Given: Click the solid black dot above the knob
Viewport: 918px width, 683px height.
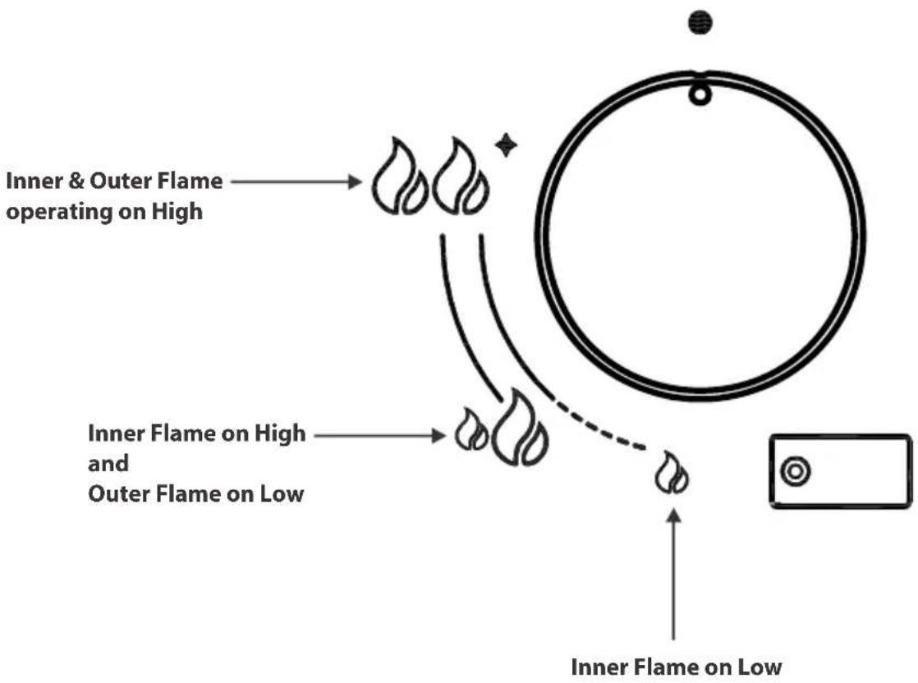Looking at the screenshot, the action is (700, 23).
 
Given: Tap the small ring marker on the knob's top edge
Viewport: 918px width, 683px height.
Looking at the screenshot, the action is (700, 94).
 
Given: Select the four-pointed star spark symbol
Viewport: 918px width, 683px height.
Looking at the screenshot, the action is (506, 144).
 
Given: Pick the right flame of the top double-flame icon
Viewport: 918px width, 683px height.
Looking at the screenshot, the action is (460, 176).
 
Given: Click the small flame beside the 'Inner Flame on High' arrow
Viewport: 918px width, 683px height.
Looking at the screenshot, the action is (472, 429).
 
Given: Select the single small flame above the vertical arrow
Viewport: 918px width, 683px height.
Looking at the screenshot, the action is (672, 472).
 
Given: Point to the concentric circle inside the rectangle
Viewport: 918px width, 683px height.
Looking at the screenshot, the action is (796, 471).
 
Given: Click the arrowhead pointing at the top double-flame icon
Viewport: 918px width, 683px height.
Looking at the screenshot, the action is (355, 182).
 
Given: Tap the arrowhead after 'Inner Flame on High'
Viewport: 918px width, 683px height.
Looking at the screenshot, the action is (438, 435).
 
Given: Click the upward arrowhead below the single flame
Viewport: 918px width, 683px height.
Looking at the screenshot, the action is (674, 516).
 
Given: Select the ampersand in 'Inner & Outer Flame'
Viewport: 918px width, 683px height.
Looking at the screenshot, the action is (76, 181).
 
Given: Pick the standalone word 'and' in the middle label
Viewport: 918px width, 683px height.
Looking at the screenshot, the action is (108, 464).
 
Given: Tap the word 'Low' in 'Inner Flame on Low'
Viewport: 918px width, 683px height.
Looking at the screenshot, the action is (759, 667).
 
